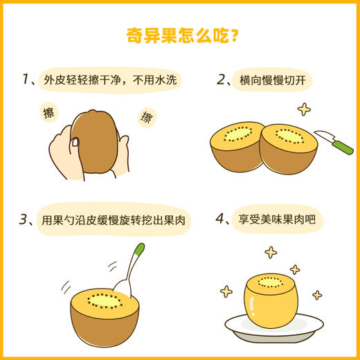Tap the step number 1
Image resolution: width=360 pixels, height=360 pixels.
coord(26,80)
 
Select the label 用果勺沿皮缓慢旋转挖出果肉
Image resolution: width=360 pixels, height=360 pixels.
coord(114,220)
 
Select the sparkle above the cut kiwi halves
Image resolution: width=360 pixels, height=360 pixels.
coord(303,109)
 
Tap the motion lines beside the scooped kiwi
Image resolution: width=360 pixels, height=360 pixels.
coord(66,285)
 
